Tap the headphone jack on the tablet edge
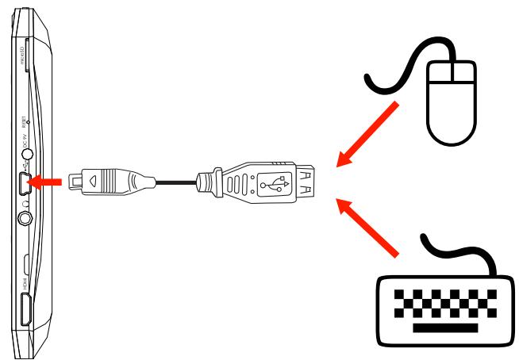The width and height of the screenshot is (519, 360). coord(29,213)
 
